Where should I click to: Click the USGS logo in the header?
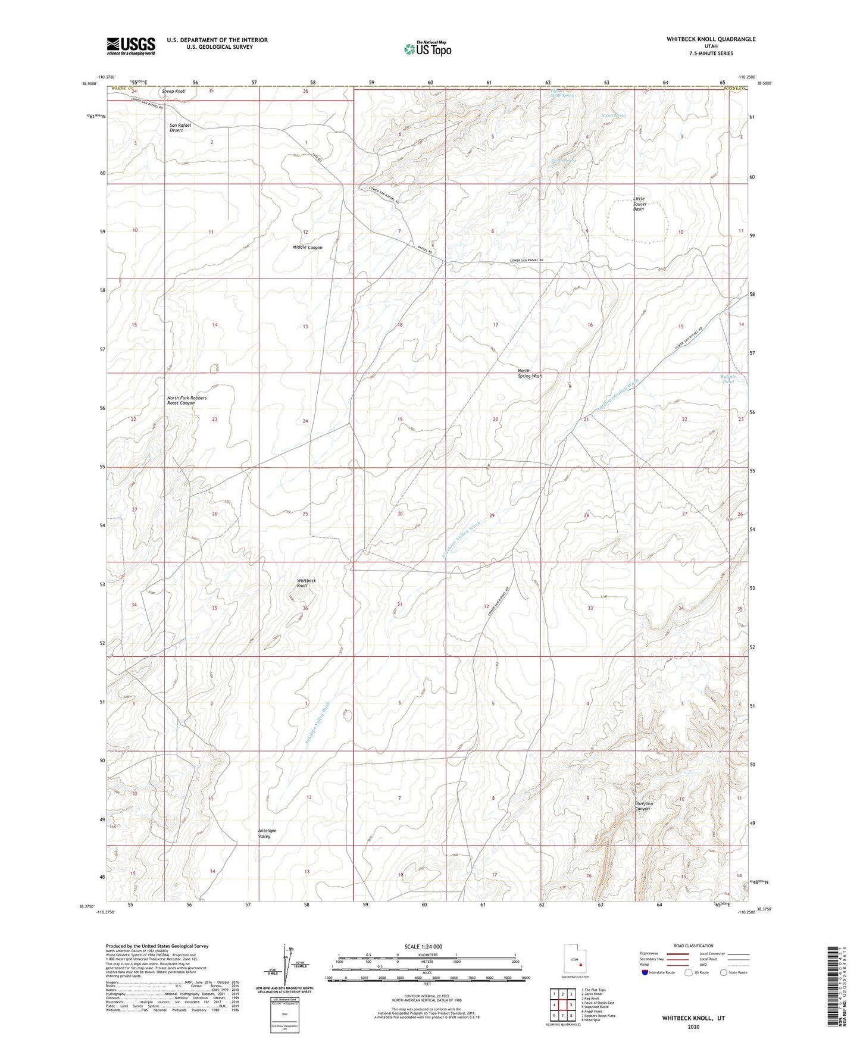point(131,46)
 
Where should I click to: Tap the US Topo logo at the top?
point(427,49)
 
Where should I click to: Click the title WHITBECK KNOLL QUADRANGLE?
point(711,39)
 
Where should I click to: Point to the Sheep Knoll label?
point(174,92)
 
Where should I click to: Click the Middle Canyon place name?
point(307,248)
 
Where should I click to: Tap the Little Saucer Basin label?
point(638,204)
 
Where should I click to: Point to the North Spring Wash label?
point(529,374)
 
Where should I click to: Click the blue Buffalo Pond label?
point(728,379)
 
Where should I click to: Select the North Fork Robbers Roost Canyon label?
point(186,400)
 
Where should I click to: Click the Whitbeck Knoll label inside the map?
point(306,583)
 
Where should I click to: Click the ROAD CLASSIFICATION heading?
point(693,946)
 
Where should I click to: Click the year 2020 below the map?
point(693,1027)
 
